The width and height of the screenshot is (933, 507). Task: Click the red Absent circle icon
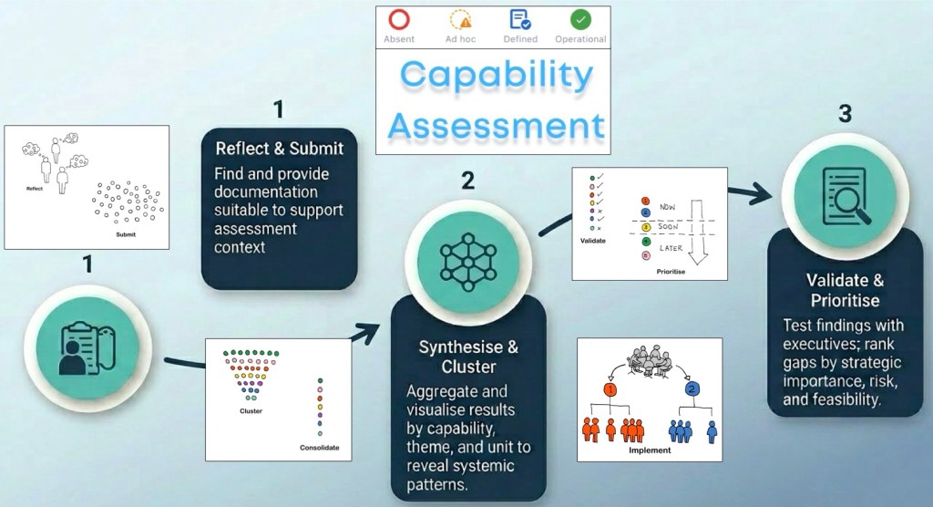click(x=399, y=20)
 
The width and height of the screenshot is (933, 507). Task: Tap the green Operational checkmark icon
click(x=580, y=20)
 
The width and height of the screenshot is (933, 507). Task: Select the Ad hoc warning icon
click(x=460, y=20)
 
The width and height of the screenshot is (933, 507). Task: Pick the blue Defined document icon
click(x=520, y=20)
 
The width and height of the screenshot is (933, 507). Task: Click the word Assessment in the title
click(x=497, y=125)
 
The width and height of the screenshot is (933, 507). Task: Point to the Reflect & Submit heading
click(x=279, y=149)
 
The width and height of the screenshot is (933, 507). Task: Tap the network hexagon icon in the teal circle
click(x=467, y=262)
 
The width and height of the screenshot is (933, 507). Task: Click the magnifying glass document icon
click(x=845, y=197)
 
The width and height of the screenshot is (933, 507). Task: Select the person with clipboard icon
click(x=87, y=348)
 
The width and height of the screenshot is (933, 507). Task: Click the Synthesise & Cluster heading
click(x=468, y=357)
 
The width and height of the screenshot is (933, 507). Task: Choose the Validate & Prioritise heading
click(x=845, y=290)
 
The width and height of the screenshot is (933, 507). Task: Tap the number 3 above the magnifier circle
click(x=845, y=113)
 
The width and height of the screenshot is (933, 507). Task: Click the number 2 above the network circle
click(x=468, y=181)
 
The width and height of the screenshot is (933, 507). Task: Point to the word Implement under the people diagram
click(x=650, y=450)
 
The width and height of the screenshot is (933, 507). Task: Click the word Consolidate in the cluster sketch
click(x=320, y=448)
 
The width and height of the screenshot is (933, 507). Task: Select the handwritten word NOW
click(x=668, y=207)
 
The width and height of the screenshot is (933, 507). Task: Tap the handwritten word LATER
click(x=671, y=248)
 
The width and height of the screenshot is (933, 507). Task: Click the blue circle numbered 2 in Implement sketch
click(x=692, y=389)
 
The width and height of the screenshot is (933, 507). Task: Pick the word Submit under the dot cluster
click(x=126, y=234)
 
